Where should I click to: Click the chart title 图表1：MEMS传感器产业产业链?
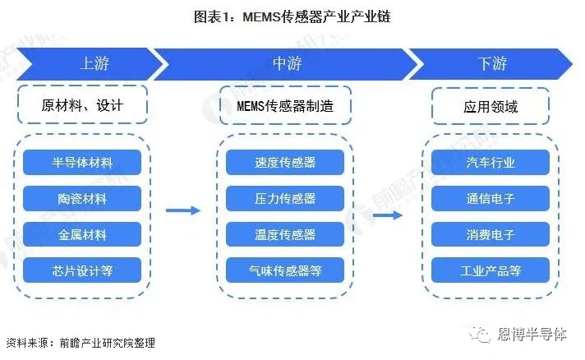click(292, 16)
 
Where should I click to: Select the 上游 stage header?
click(94, 63)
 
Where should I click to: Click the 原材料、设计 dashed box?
click(82, 106)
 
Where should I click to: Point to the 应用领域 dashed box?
click(491, 106)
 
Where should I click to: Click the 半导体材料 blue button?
click(82, 163)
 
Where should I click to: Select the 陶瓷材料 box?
click(82, 199)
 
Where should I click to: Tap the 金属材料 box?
click(82, 235)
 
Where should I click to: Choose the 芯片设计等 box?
click(82, 270)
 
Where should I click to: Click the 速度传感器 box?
click(285, 163)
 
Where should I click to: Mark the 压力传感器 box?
click(285, 199)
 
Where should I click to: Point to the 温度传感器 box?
click(285, 235)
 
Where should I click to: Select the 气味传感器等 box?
click(285, 270)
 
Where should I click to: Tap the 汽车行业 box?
click(491, 163)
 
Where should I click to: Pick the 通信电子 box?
click(491, 199)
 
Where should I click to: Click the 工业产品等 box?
click(491, 270)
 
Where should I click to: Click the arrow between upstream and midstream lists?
click(182, 210)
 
